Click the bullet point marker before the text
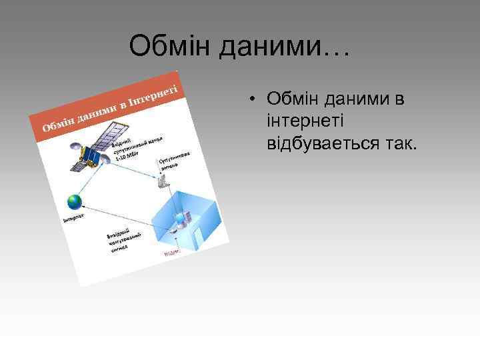pos(255,100)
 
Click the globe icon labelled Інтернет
pos(74,201)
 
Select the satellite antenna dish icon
pos(163,181)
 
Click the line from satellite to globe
pos(80,177)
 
